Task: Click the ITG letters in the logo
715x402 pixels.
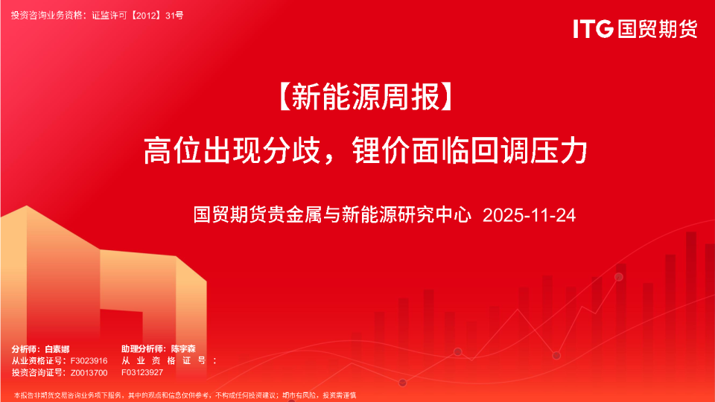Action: click(593, 29)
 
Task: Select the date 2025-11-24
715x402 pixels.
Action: click(529, 216)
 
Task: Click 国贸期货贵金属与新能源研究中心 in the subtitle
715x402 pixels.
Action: click(333, 216)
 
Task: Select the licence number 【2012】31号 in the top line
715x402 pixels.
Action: click(153, 14)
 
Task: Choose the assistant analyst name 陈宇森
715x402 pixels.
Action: click(182, 348)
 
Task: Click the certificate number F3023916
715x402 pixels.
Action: click(89, 360)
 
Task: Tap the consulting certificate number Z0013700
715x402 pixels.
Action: click(89, 372)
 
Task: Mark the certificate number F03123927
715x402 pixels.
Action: click(142, 372)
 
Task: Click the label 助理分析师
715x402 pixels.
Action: click(143, 348)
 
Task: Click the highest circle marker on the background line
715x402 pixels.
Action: click(618, 277)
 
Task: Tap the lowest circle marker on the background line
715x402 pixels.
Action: click(403, 383)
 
